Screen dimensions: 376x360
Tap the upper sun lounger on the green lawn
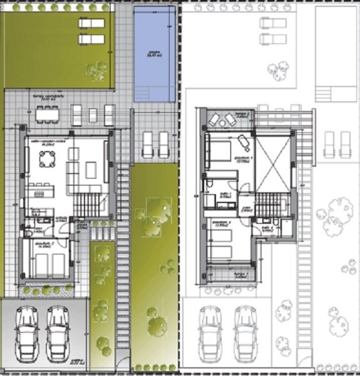91,23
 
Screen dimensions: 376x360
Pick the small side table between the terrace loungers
93,115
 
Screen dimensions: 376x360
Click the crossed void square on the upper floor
274,162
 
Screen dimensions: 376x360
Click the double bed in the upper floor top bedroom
220,151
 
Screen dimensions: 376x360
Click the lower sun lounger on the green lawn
91,39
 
